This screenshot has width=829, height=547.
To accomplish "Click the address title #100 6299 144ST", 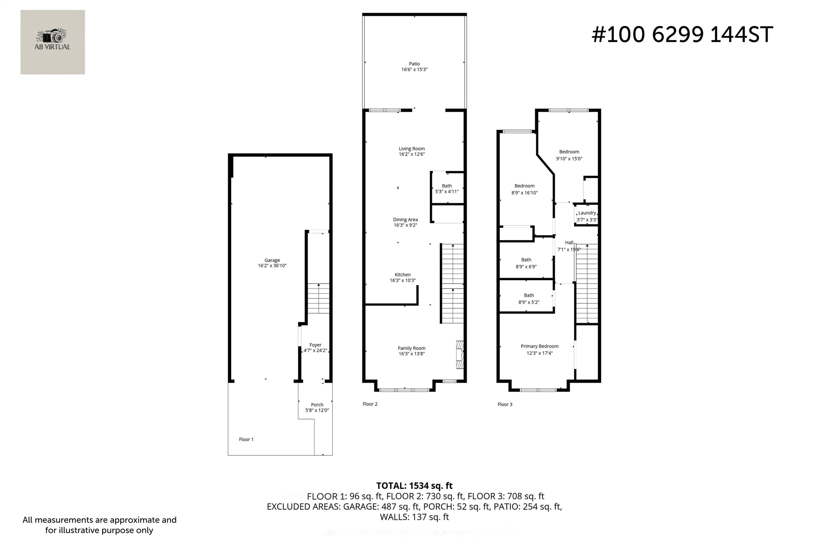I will (x=682, y=35).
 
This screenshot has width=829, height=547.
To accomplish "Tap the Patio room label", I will (x=414, y=64).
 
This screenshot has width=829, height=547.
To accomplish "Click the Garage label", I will (x=272, y=260).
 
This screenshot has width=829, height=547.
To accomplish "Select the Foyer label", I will (x=315, y=345).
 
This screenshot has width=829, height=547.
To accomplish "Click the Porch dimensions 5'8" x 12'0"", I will (x=317, y=410).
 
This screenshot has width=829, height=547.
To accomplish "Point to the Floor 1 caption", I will (x=246, y=439).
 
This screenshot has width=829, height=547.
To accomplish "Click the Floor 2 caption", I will (x=370, y=404).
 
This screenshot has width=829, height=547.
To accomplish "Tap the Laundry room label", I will (x=587, y=213).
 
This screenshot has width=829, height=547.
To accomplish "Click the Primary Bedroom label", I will (x=539, y=346).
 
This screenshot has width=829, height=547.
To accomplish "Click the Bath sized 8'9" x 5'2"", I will (x=528, y=299).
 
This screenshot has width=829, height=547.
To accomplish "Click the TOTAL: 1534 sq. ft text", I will (x=414, y=486).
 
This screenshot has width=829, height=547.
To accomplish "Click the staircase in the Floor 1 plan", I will (x=318, y=298).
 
